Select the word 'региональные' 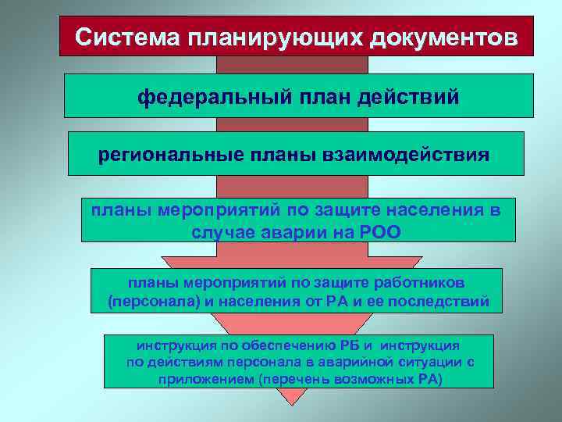163,154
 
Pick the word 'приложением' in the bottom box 199,380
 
